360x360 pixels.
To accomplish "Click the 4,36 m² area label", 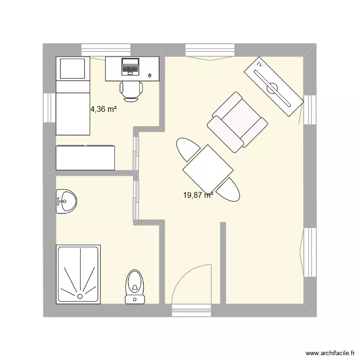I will coord(104,109).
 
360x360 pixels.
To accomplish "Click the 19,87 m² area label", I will coord(198,195).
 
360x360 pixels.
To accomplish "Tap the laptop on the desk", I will coord(130,66).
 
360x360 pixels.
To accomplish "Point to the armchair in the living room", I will coord(237,122).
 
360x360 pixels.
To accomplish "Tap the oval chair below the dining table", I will coord(230,190).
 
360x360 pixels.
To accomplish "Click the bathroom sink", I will coord(65,201).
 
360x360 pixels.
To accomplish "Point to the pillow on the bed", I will coord(73,68).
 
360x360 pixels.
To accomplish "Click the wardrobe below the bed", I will coord(85,158).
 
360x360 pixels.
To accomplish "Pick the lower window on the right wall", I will coord(311,252).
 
